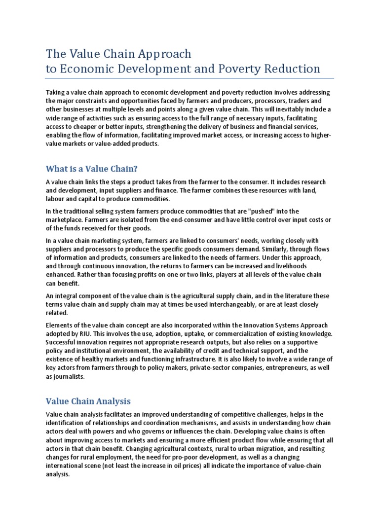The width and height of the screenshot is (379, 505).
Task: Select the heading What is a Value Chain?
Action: point(91,169)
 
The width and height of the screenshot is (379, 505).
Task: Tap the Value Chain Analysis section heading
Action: point(88,401)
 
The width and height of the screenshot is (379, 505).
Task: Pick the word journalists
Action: point(69,376)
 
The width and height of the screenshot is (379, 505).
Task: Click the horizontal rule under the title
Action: point(189,78)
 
